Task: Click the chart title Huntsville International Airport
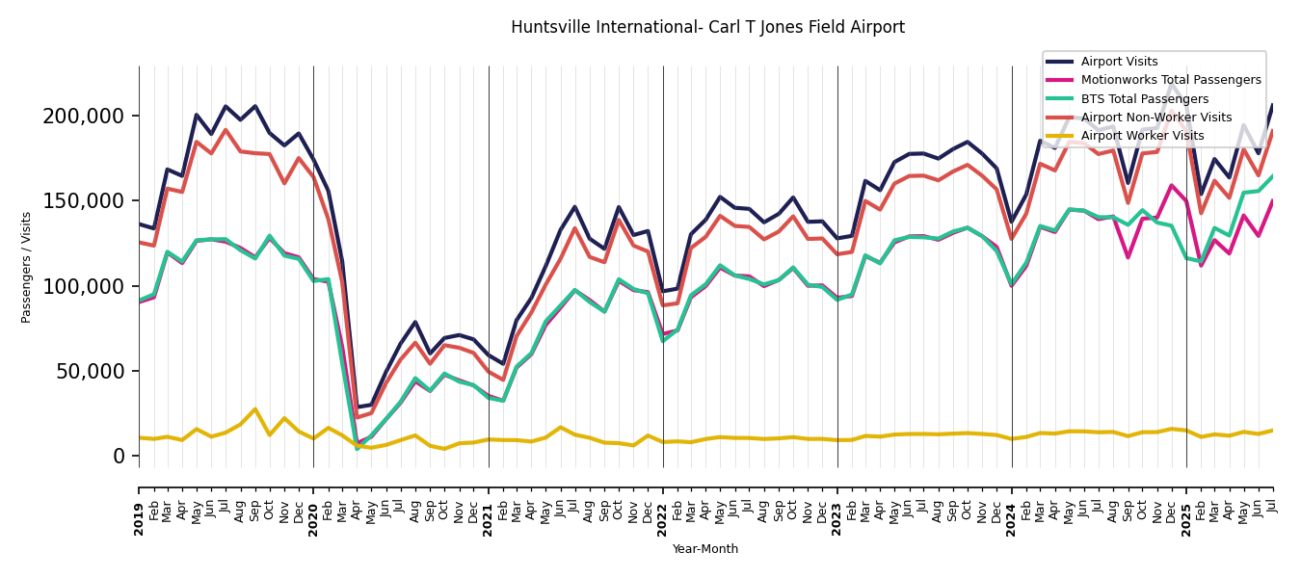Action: click(707, 28)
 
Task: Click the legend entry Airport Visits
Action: click(1119, 62)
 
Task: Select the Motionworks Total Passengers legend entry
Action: click(1170, 80)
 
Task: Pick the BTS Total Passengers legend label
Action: click(1144, 99)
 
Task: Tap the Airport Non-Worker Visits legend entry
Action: click(1155, 118)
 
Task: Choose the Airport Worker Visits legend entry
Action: click(1142, 136)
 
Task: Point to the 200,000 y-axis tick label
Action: click(84, 117)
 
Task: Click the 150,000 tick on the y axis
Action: click(84, 201)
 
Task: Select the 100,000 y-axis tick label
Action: click(84, 286)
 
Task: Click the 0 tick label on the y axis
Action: click(119, 456)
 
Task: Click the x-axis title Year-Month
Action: click(705, 549)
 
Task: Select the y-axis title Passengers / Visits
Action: click(27, 267)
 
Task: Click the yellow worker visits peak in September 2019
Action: click(255, 409)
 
